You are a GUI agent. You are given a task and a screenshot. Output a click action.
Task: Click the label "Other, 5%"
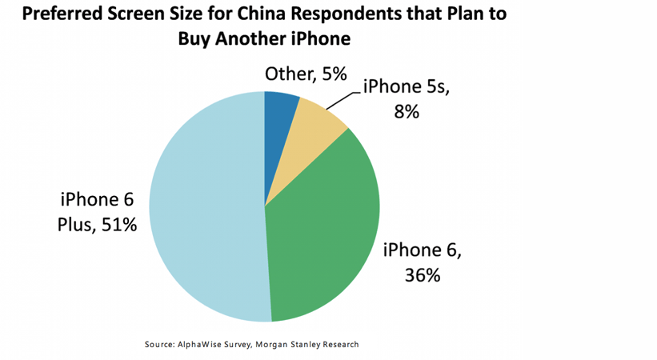pyautogui.click(x=305, y=74)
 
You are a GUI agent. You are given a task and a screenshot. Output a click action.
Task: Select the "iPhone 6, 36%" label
pyautogui.click(x=423, y=262)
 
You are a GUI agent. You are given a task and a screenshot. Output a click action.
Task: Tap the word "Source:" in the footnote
pyautogui.click(x=161, y=344)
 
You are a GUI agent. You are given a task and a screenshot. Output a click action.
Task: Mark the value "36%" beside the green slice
pyautogui.click(x=422, y=274)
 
